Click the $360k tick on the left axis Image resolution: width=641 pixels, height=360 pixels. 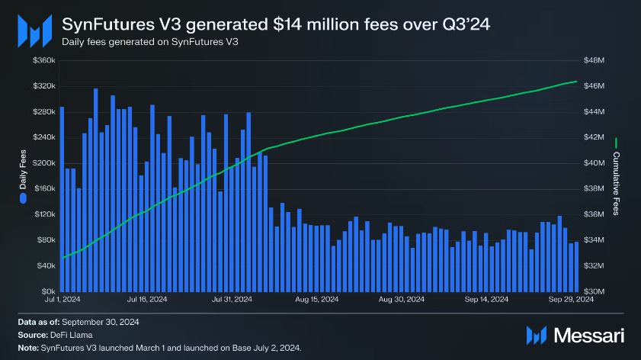click(43, 60)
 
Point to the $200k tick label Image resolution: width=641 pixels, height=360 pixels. click(43, 163)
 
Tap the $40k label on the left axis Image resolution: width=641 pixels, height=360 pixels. click(45, 265)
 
